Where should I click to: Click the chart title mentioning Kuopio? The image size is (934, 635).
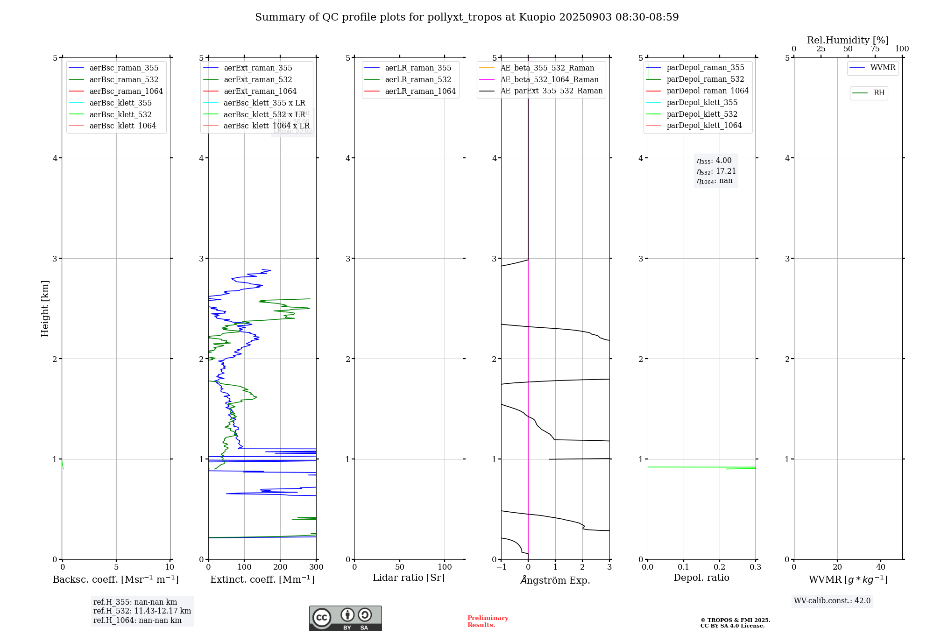click(x=467, y=17)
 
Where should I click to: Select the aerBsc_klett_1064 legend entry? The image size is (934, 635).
click(x=122, y=126)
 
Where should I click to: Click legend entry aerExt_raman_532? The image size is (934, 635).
click(x=258, y=80)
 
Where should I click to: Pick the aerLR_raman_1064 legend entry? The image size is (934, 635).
click(x=420, y=92)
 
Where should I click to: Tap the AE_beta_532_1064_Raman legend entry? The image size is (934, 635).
click(x=549, y=80)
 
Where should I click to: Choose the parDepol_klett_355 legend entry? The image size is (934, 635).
click(x=702, y=103)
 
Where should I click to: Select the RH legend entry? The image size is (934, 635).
click(x=879, y=93)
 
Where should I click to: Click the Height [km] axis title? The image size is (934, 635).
click(x=45, y=309)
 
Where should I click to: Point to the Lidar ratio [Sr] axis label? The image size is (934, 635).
click(x=409, y=578)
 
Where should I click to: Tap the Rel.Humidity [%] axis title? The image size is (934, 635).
click(x=848, y=40)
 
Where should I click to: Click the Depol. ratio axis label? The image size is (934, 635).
click(x=701, y=578)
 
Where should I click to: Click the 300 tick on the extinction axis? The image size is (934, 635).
click(x=316, y=567)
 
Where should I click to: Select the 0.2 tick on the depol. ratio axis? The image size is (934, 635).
click(x=720, y=567)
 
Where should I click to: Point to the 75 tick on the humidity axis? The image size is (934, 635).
click(x=875, y=49)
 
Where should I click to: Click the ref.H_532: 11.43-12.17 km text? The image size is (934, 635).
click(x=142, y=611)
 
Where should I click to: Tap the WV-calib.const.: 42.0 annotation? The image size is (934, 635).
click(x=832, y=601)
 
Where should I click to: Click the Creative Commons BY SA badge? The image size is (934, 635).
click(x=345, y=619)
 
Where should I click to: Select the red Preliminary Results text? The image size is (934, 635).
click(x=488, y=621)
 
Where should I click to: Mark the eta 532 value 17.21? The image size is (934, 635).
click(x=716, y=171)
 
